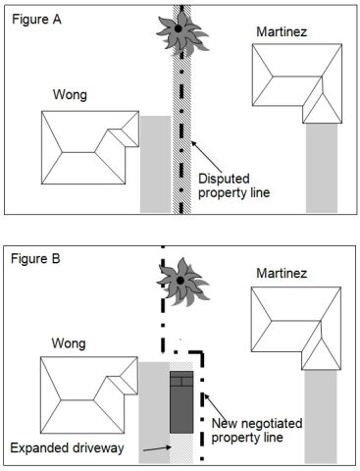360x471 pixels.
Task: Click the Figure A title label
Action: [36, 20]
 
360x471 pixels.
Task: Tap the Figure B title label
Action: [35, 259]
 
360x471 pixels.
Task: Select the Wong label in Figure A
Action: [70, 95]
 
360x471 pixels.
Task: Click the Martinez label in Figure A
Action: [282, 31]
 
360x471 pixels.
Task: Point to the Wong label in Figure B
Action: [69, 343]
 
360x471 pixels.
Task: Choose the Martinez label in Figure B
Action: [282, 273]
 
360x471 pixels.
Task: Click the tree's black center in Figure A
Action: [179, 28]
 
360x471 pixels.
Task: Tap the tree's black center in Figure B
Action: [180, 281]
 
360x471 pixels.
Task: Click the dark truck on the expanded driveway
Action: [181, 402]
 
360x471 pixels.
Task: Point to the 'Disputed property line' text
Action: [234, 185]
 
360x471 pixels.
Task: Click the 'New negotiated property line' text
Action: [257, 430]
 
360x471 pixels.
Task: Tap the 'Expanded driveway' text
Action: [67, 447]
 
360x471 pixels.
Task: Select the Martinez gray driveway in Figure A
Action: [322, 168]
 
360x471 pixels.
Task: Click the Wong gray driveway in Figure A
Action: [156, 164]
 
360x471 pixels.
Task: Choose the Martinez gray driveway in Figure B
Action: [321, 417]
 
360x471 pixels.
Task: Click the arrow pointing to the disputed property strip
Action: [207, 157]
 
